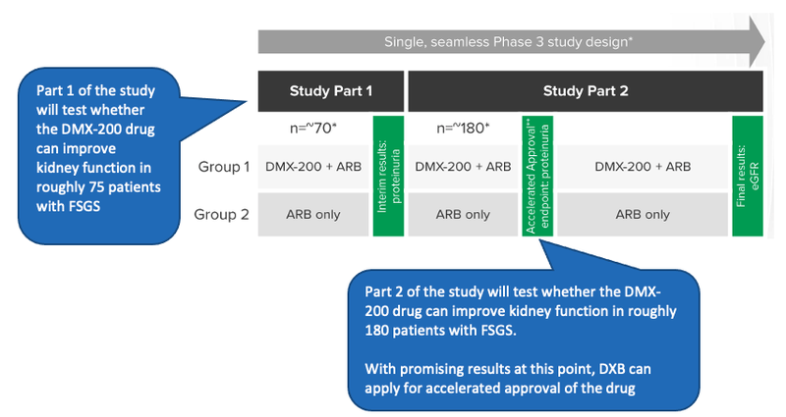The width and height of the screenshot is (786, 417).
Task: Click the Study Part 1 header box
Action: click(x=331, y=91)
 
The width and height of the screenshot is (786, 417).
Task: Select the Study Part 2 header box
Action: click(x=586, y=91)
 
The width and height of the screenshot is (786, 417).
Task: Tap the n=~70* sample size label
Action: click(x=313, y=129)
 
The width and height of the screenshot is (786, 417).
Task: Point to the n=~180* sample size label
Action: click(x=463, y=129)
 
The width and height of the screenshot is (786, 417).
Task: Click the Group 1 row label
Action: click(x=224, y=167)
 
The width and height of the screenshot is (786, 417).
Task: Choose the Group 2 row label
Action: click(x=222, y=214)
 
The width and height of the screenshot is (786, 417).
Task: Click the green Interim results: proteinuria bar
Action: click(x=388, y=177)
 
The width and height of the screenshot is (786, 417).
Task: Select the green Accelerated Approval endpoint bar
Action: click(x=537, y=177)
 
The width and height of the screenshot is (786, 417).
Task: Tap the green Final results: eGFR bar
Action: click(x=748, y=177)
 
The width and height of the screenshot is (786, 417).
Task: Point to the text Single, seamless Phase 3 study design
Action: click(x=508, y=41)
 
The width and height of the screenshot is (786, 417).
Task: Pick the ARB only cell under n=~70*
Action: click(x=313, y=214)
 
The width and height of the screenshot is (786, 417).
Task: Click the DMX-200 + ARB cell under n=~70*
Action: click(x=313, y=167)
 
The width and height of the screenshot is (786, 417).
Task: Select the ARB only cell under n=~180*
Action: click(x=463, y=214)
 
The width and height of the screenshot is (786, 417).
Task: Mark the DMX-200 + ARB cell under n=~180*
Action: click(x=463, y=167)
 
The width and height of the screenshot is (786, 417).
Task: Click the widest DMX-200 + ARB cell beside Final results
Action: click(x=643, y=167)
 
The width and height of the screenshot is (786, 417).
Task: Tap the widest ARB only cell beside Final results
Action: click(x=643, y=214)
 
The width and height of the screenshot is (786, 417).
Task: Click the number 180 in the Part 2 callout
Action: click(x=376, y=331)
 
